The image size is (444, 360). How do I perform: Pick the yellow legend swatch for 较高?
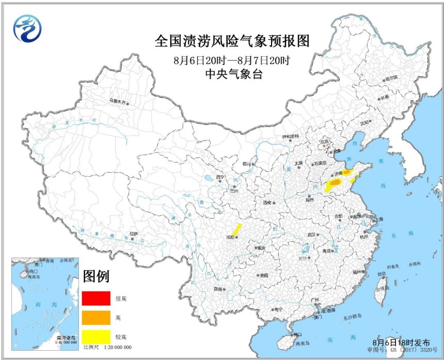pos(96,336)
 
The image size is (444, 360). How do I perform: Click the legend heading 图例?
pos(96,276)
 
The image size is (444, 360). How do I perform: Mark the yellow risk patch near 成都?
pos(237,230)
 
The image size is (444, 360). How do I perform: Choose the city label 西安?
pos(267,203)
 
